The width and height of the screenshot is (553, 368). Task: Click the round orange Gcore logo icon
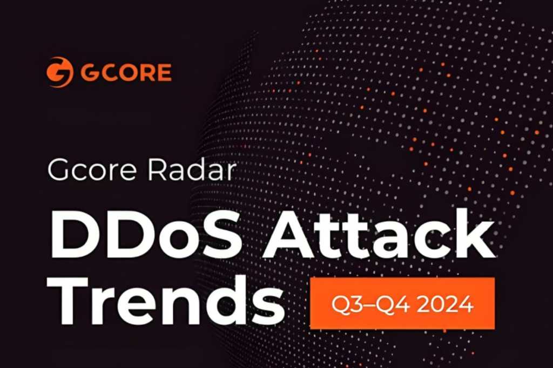[x=59, y=72]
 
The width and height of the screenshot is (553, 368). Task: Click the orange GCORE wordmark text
[x=126, y=72]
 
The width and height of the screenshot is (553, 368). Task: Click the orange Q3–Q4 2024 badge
[x=402, y=303]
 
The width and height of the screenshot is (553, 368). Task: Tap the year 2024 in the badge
[x=445, y=303]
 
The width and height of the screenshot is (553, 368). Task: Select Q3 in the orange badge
[x=347, y=304]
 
